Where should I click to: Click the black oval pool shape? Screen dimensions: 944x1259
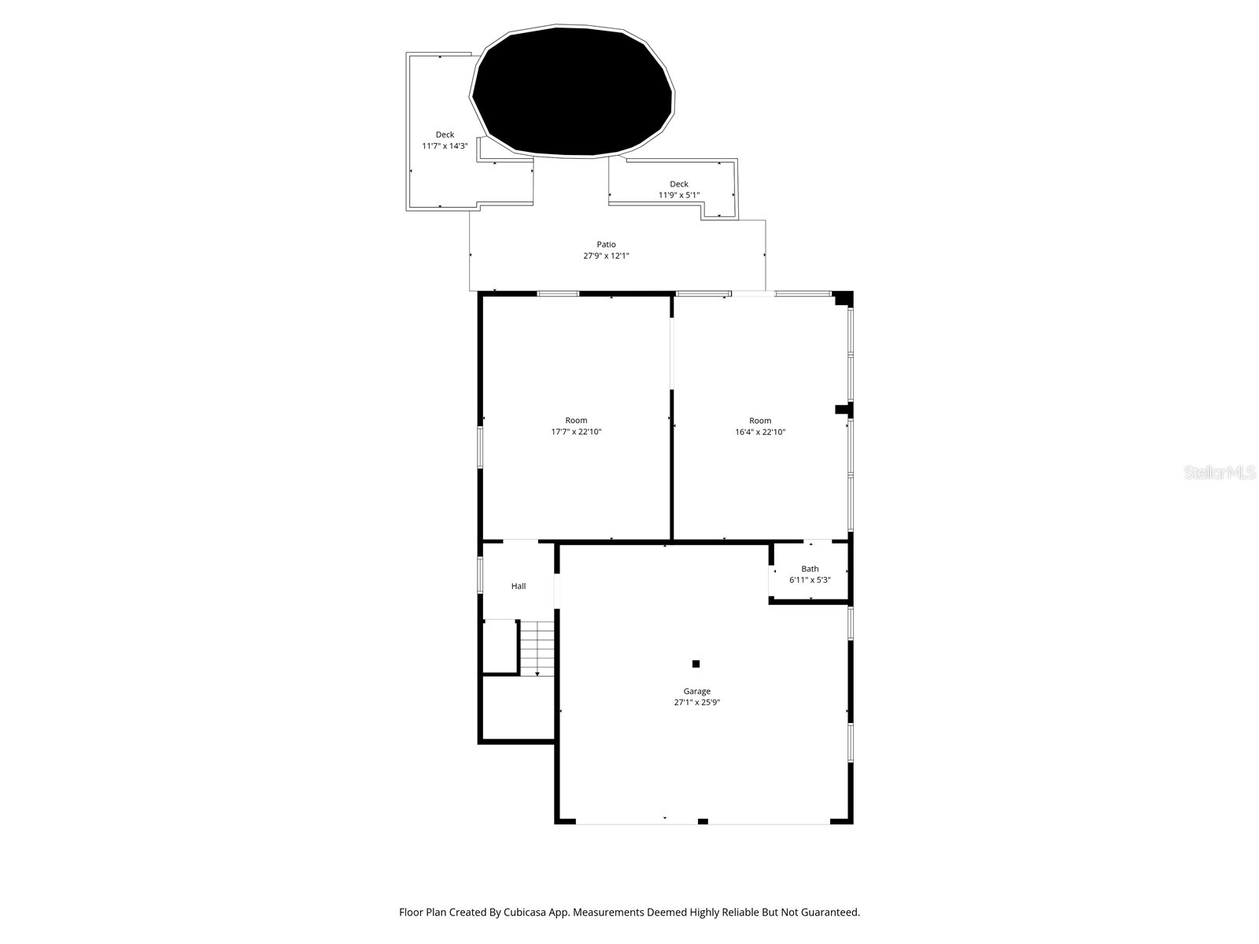(x=572, y=91)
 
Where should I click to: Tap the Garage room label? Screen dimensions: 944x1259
(x=696, y=691)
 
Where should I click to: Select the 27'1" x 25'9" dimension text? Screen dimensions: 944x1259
(x=696, y=703)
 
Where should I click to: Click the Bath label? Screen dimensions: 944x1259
(x=810, y=569)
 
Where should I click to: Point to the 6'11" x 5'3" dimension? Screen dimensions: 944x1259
(x=810, y=580)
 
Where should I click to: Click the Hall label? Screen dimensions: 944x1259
(x=519, y=586)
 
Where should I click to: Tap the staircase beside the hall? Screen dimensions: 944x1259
(x=537, y=647)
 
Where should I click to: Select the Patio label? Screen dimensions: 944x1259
(x=606, y=245)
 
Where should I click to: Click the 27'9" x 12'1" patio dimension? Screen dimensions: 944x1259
(x=606, y=256)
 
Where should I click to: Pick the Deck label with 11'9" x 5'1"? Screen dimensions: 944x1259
(x=678, y=184)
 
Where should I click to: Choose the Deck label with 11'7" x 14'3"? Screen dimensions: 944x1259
(x=445, y=135)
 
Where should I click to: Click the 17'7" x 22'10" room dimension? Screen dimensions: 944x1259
(x=576, y=432)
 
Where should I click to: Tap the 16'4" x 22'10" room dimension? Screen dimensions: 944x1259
(x=760, y=432)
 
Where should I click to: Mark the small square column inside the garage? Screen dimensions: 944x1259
(x=696, y=664)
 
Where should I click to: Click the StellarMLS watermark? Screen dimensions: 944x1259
(x=1220, y=473)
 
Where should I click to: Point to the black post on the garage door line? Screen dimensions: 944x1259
(x=703, y=821)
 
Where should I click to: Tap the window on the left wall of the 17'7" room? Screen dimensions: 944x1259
(x=480, y=447)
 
